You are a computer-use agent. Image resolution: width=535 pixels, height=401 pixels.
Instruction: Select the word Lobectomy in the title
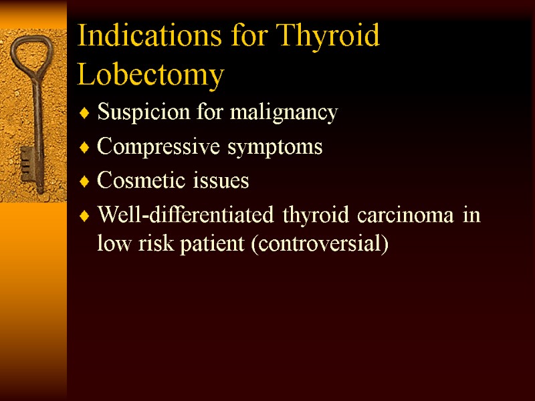click(150, 75)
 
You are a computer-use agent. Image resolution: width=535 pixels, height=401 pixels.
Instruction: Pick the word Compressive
click(148, 148)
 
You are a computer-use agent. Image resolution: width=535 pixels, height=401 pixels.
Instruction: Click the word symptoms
click(284, 148)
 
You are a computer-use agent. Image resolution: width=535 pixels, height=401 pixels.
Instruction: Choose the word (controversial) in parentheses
click(319, 244)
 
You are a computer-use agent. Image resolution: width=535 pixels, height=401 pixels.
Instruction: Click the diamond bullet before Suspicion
click(84, 114)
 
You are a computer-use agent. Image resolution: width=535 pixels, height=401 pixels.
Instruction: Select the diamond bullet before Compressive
click(84, 148)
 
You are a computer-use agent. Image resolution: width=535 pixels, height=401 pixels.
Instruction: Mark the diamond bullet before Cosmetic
click(84, 182)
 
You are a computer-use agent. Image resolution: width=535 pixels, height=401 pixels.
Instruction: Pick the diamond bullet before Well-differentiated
click(84, 217)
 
